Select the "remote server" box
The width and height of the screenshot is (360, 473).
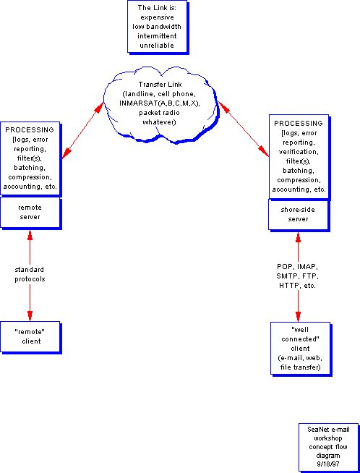[x=30, y=213]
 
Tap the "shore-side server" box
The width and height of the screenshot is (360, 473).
[x=299, y=215]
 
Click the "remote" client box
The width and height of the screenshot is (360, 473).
[x=30, y=337]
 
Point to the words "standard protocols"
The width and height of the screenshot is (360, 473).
[x=30, y=274]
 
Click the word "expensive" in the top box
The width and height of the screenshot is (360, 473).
[x=157, y=17]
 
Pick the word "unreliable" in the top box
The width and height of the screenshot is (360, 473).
[x=157, y=46]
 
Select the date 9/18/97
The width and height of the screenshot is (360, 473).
[x=327, y=464]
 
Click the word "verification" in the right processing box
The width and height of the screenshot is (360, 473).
[x=298, y=151]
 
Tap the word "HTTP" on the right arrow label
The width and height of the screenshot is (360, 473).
[x=288, y=286]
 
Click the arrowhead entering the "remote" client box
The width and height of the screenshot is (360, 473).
[x=30, y=315]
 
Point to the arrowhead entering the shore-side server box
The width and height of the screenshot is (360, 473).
[x=298, y=237]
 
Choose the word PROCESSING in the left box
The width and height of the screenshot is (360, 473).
[x=30, y=130]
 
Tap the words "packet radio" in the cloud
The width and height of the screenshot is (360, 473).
[x=159, y=113]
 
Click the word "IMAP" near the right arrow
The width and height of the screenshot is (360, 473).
[x=307, y=267]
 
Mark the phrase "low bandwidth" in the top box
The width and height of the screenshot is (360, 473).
[x=157, y=27]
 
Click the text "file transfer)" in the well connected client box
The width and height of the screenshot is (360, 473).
[x=300, y=367]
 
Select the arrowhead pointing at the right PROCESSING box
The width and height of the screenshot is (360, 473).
[x=264, y=150]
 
